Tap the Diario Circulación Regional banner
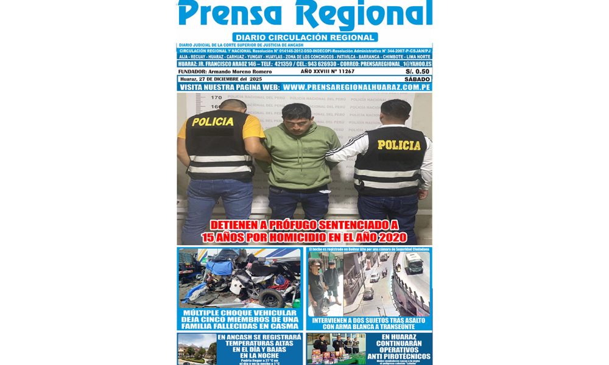tap(304, 37)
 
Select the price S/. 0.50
tap(418, 71)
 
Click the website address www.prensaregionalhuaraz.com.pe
tap(357, 88)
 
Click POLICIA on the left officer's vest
tap(212, 122)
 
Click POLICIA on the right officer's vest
tap(399, 145)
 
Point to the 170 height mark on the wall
tap(216, 97)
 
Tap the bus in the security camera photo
tap(414, 263)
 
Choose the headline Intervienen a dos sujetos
tap(369, 324)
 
